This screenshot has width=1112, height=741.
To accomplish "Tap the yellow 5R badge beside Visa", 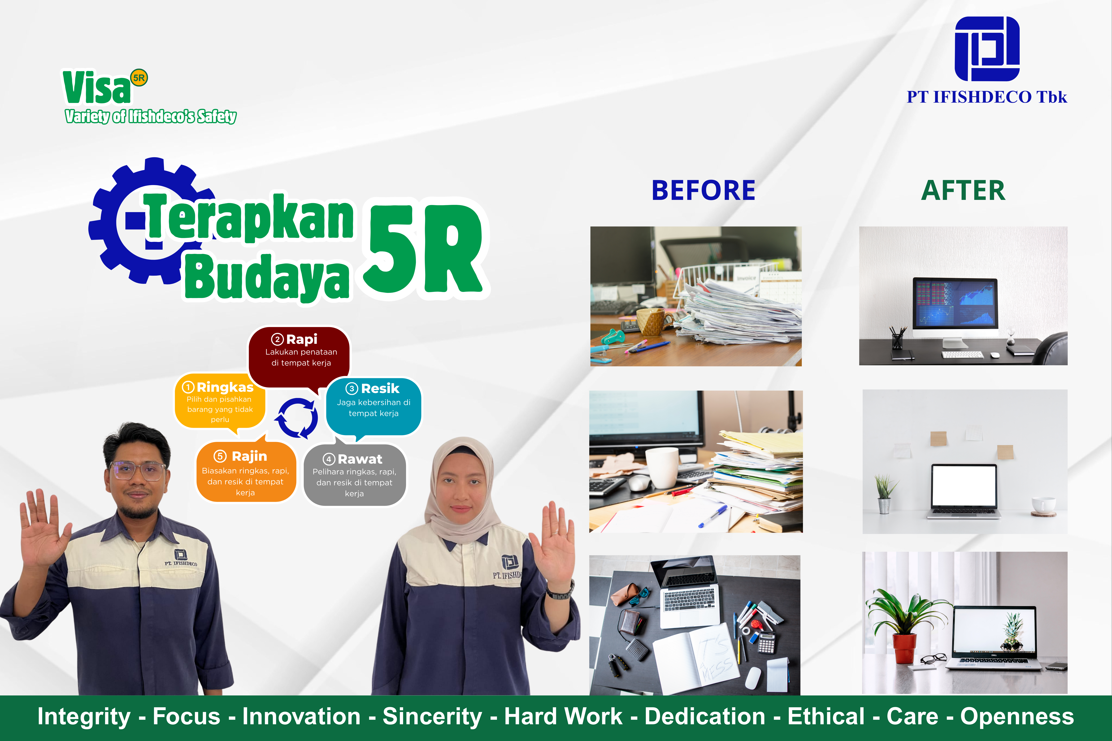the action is (139, 78).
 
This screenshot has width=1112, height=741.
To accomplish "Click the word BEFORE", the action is (704, 190).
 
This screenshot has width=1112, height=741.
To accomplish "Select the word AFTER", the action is (963, 190).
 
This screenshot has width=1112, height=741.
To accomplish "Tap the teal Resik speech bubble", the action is (374, 406).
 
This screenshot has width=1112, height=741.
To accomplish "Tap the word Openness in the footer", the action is (1017, 716).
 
